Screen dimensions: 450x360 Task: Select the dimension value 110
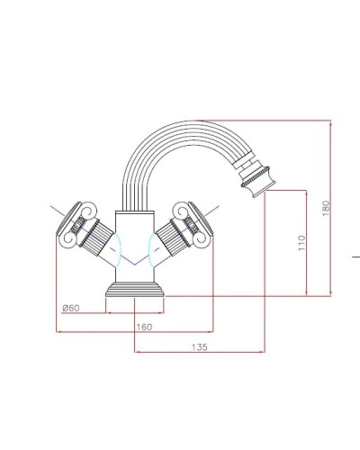[x=302, y=242]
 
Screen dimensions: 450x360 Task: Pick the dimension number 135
[x=200, y=346]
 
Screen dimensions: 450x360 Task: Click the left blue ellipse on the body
[x=112, y=244]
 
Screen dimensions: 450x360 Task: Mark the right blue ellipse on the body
[x=157, y=244]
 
